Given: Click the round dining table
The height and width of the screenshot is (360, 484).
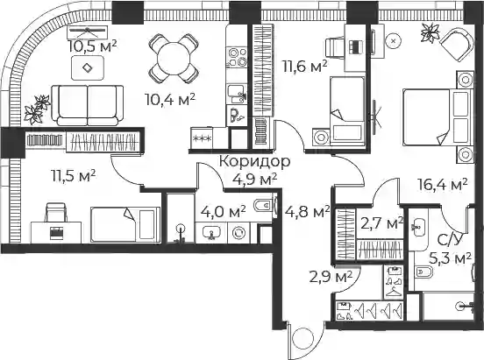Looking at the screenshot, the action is [174, 59].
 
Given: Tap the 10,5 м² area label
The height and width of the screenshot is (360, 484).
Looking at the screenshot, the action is [93, 46].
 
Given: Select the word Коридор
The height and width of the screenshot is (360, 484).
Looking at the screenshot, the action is [254, 162].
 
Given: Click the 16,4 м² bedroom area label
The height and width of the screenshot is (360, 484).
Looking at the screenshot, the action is [442, 185].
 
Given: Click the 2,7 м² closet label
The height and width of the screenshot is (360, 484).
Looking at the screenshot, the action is [381, 223].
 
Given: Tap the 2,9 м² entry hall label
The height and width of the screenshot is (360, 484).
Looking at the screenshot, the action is [331, 277].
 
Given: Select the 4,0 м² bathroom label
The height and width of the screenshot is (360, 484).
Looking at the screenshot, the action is [224, 212].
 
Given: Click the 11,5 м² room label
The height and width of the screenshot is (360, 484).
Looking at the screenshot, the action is [73, 176].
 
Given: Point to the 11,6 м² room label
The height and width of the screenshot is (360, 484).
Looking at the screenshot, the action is [305, 67].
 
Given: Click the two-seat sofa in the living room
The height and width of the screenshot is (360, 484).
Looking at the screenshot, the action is [88, 105].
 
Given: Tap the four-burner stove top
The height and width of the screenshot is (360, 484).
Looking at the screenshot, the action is [238, 58].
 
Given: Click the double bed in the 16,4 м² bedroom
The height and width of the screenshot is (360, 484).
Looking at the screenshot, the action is [438, 116].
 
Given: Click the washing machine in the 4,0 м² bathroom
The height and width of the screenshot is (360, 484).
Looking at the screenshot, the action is [238, 233].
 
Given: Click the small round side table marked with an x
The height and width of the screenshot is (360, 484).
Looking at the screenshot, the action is [393, 40].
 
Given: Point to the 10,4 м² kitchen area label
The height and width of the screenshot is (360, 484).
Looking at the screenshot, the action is [170, 99].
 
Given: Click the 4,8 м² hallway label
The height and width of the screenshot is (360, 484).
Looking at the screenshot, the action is [307, 212].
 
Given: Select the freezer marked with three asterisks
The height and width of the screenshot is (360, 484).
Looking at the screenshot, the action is [202, 138].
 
